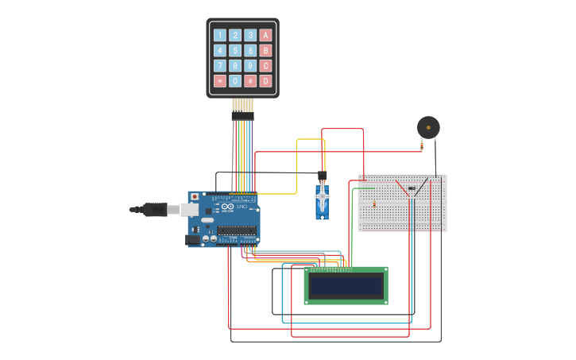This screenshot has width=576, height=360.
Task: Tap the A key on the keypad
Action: (265, 35)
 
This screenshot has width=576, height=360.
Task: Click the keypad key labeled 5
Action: (235, 50)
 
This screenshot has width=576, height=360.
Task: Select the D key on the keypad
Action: (265, 81)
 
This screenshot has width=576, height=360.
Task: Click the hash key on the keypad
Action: (250, 81)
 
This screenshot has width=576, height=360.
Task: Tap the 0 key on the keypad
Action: (235, 81)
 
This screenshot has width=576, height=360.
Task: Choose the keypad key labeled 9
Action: (250, 66)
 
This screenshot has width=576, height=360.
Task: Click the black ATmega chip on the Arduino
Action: (237, 230)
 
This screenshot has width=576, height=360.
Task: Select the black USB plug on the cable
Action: (156, 209)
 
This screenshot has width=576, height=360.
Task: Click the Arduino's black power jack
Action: (191, 238)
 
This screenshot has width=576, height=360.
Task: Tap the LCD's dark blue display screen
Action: (346, 285)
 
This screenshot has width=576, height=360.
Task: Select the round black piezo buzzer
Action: (428, 127)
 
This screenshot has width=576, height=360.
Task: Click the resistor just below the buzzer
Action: (422, 145)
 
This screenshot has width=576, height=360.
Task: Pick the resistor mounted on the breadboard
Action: (374, 204)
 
